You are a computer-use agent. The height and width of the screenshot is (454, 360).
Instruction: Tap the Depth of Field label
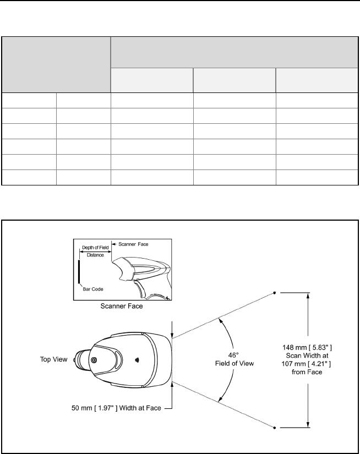[x=95, y=248]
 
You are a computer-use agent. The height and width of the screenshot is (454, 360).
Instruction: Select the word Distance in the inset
[x=95, y=255]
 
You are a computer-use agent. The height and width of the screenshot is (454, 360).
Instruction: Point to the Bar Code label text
[x=94, y=289]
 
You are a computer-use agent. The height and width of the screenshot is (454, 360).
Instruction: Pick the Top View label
[x=54, y=359]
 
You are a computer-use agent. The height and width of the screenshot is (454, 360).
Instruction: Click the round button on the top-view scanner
[x=94, y=360]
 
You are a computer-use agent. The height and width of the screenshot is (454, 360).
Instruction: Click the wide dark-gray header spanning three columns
[x=232, y=52]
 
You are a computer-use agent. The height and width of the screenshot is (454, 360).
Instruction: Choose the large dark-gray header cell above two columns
[x=56, y=64]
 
